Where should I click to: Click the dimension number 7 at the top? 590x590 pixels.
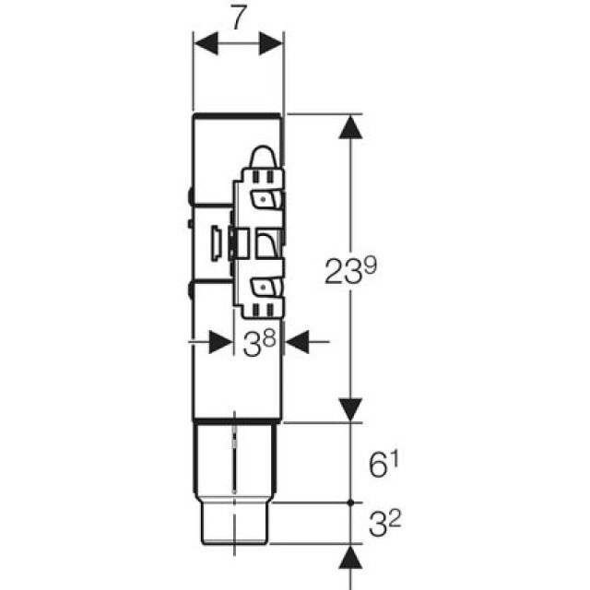point(238,19)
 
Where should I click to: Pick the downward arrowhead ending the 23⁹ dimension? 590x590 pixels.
point(348,410)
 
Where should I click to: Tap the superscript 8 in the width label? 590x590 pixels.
point(269,336)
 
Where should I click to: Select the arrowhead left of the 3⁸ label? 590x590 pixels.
point(220,342)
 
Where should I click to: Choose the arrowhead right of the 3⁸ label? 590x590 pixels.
point(295,342)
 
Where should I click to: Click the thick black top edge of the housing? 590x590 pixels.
point(237,116)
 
